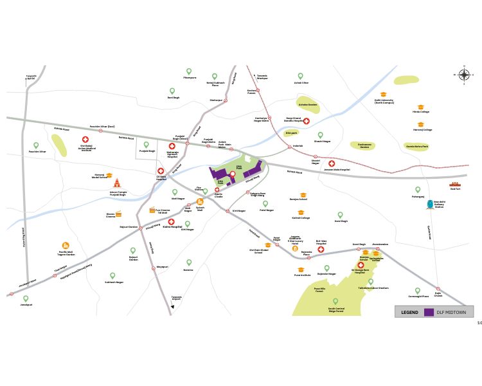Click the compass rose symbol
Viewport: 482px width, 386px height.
(464, 75)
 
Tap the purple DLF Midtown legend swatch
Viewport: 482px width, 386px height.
(429, 312)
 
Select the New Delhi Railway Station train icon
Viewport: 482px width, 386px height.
(430, 205)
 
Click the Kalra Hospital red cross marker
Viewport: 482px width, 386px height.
(172, 221)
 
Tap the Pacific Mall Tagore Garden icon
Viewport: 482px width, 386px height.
(66, 246)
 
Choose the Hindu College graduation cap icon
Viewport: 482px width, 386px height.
(421, 107)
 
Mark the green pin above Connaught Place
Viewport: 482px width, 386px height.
(417, 290)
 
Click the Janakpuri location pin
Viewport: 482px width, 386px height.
(26, 299)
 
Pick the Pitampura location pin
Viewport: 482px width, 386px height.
(189, 71)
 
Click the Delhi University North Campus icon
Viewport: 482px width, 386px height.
(384, 95)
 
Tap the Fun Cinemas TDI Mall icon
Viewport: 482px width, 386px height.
(152, 210)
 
